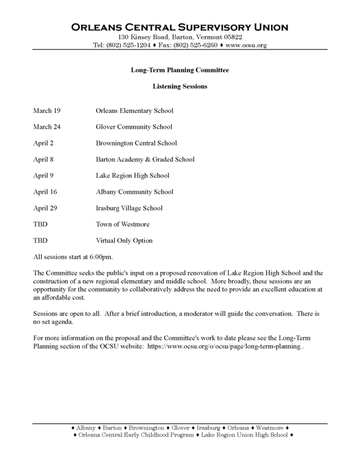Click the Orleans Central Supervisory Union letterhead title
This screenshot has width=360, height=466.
tap(179, 27)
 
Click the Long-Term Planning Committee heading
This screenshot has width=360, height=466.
tap(180, 70)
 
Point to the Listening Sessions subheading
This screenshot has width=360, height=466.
tap(180, 87)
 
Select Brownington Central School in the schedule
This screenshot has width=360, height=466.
tap(136, 143)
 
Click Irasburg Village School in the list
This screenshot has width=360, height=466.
tap(129, 208)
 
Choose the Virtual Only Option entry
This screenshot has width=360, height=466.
tap(124, 241)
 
